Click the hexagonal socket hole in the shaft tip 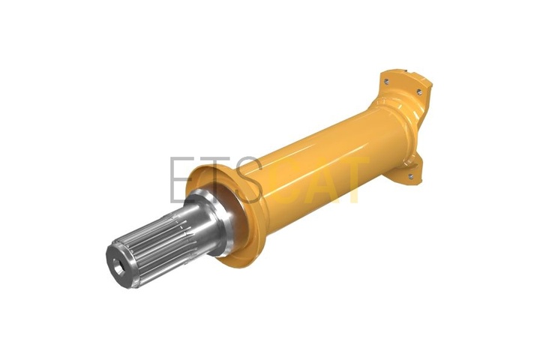118,267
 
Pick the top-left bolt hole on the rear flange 386,82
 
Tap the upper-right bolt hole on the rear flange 419,92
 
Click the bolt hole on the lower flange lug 410,176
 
